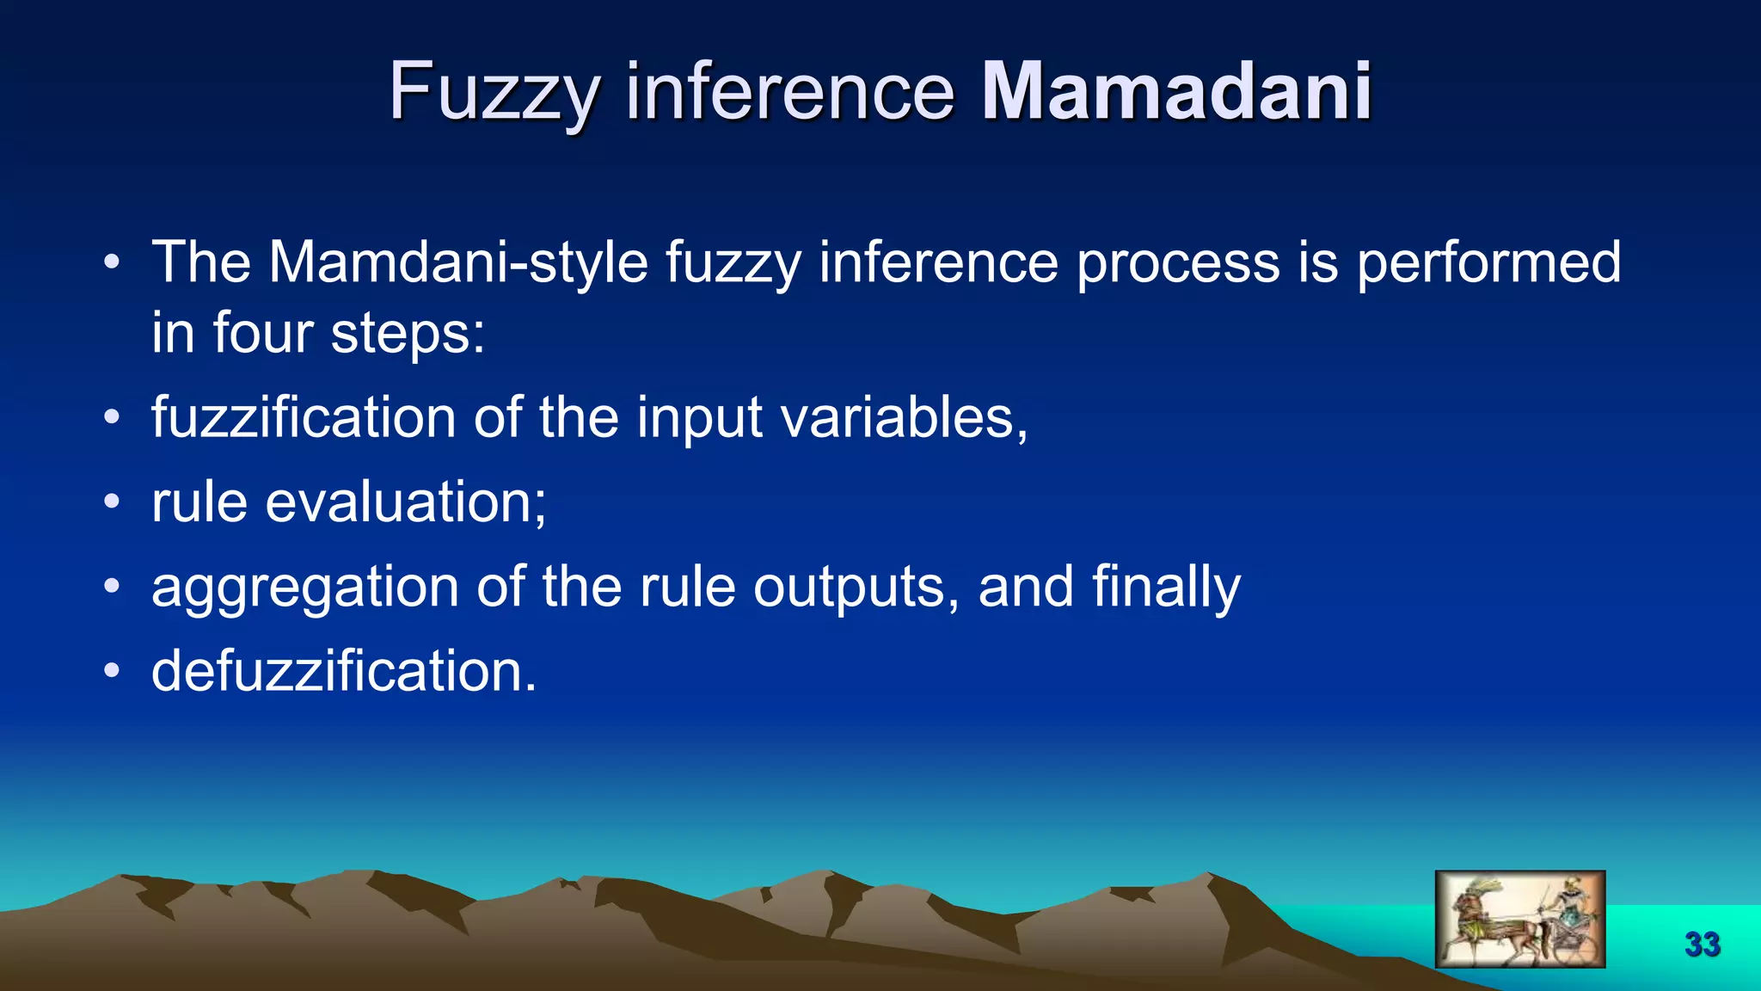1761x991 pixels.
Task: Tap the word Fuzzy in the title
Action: coord(494,93)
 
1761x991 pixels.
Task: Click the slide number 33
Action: coord(1702,945)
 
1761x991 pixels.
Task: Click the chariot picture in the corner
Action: coord(1519,919)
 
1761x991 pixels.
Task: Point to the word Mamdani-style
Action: coord(457,262)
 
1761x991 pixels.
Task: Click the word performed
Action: coord(1488,262)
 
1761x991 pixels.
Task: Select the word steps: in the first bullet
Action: coord(408,334)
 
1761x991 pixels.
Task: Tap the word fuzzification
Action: coord(303,418)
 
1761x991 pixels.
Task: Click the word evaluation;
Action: coord(405,502)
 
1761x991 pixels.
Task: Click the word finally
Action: coord(1166,588)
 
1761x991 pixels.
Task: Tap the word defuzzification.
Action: coord(344,671)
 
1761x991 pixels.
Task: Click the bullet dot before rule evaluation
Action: coord(111,502)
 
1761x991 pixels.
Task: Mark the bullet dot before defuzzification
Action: coord(111,671)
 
